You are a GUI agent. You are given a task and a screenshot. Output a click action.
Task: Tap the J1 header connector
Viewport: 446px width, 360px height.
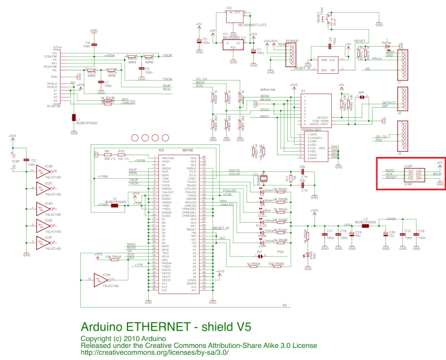point(404,63)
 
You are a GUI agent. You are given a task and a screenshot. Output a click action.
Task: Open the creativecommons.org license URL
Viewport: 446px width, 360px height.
point(155,352)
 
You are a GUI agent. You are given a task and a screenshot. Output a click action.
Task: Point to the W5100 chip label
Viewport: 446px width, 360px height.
point(187,151)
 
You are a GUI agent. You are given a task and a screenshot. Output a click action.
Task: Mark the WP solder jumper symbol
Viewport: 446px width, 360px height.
point(362,97)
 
